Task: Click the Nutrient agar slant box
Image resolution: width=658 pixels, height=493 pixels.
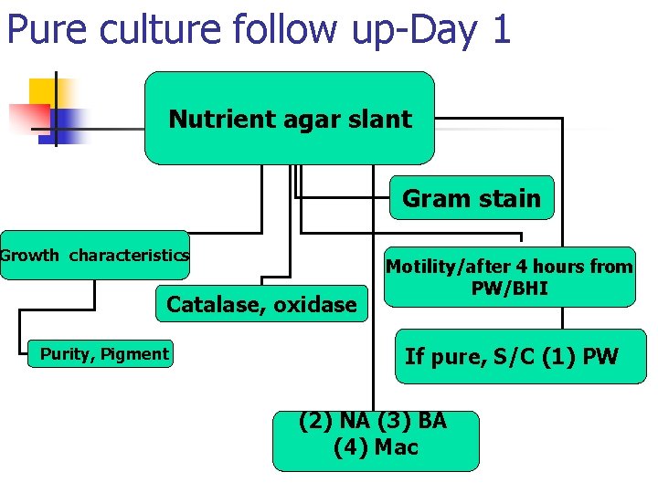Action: (x=290, y=119)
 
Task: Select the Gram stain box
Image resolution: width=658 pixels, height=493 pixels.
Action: (x=472, y=198)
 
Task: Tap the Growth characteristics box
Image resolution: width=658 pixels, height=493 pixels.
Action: (x=95, y=255)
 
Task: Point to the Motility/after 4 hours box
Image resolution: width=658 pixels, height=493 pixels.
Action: (x=509, y=277)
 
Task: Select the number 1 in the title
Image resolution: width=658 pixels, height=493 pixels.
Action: (x=500, y=30)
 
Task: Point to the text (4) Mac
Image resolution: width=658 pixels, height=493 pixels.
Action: (x=376, y=448)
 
